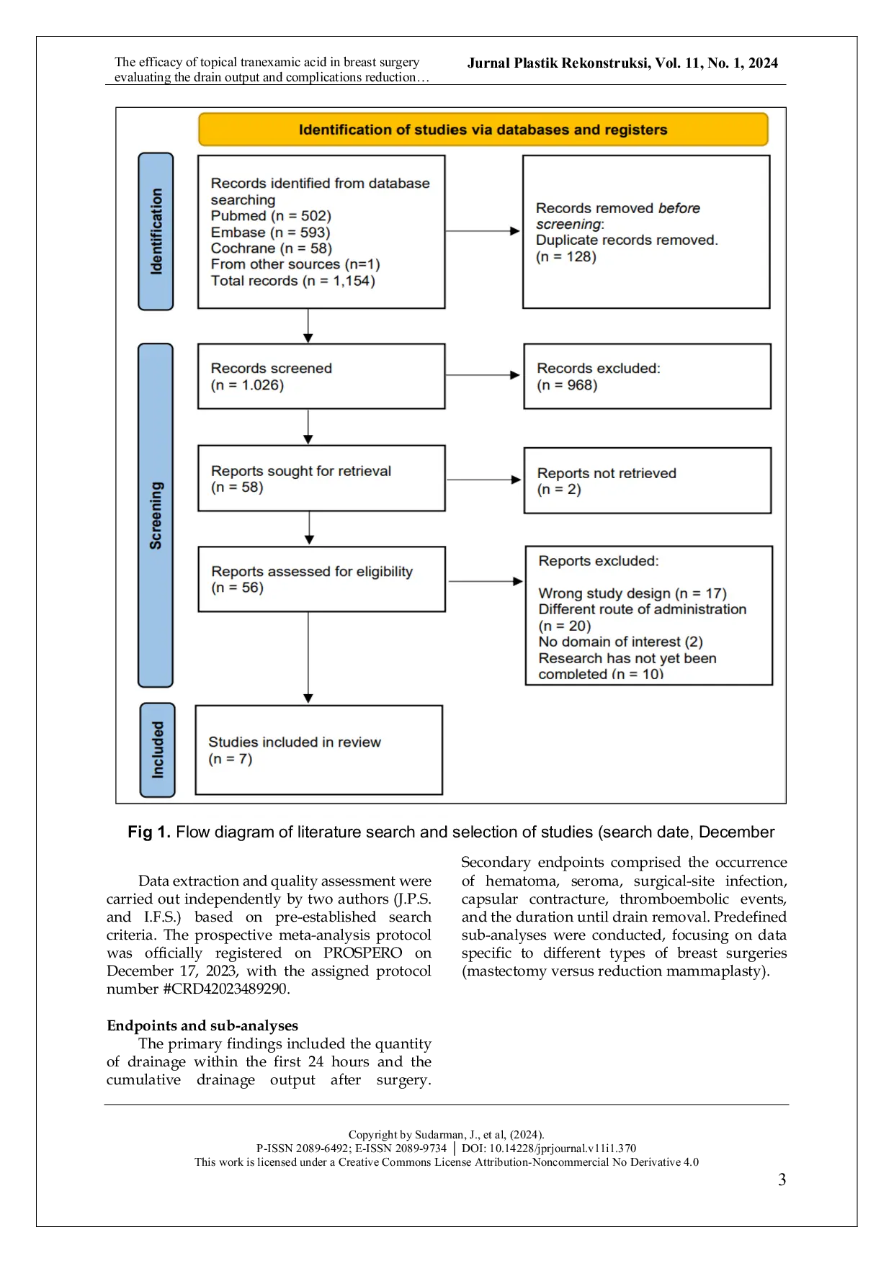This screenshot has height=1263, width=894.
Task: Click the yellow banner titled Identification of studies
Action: click(483, 130)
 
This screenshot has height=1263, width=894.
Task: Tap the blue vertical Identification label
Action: click(156, 231)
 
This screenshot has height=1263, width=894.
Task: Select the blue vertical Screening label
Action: click(156, 515)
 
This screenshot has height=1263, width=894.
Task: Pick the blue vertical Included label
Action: click(157, 750)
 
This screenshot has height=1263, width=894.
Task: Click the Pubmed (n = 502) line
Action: click(271, 216)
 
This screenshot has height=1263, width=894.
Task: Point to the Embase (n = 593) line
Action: click(270, 233)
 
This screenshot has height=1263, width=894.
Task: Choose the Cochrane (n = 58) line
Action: click(271, 248)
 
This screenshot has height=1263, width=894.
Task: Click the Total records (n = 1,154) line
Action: click(292, 281)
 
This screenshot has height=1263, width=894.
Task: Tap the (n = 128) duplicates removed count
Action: click(566, 257)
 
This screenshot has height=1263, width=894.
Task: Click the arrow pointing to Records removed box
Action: click(483, 231)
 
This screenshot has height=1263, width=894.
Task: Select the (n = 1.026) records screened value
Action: click(247, 385)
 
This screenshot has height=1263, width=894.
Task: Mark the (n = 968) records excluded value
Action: click(567, 385)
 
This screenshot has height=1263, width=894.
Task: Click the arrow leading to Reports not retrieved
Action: click(483, 480)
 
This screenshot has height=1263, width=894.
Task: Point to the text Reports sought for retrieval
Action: click(300, 471)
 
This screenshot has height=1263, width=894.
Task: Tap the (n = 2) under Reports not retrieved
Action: click(558, 490)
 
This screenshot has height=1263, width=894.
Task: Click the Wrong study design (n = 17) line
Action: click(632, 593)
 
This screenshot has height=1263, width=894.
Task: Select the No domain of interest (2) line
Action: click(620, 642)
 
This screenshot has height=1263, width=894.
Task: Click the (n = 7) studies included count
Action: click(230, 759)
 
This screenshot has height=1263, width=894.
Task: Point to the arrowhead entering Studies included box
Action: click(308, 698)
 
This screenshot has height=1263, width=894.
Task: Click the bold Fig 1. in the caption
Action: click(149, 832)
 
